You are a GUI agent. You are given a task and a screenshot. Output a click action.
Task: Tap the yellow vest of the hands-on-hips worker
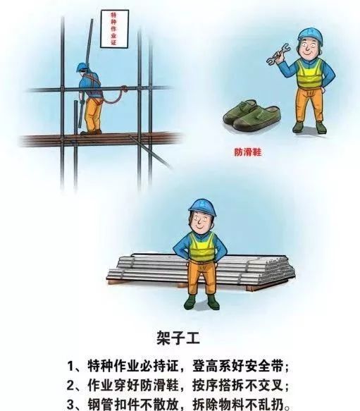tap(201, 247)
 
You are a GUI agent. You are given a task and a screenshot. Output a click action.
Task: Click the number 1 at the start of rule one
tap(71, 365)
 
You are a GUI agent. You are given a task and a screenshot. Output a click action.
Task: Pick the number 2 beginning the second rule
tap(71, 386)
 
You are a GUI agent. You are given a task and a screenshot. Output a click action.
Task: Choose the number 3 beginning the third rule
tap(71, 405)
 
